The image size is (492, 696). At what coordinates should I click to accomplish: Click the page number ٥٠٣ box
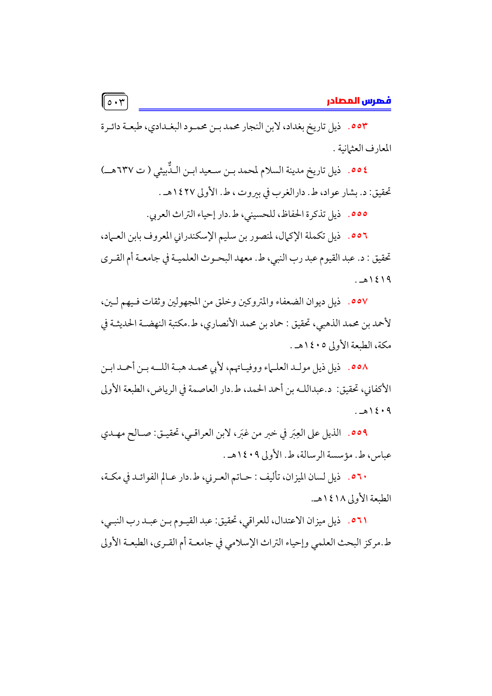point(115,102)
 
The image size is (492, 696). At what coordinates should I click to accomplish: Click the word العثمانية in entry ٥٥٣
point(354,148)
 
